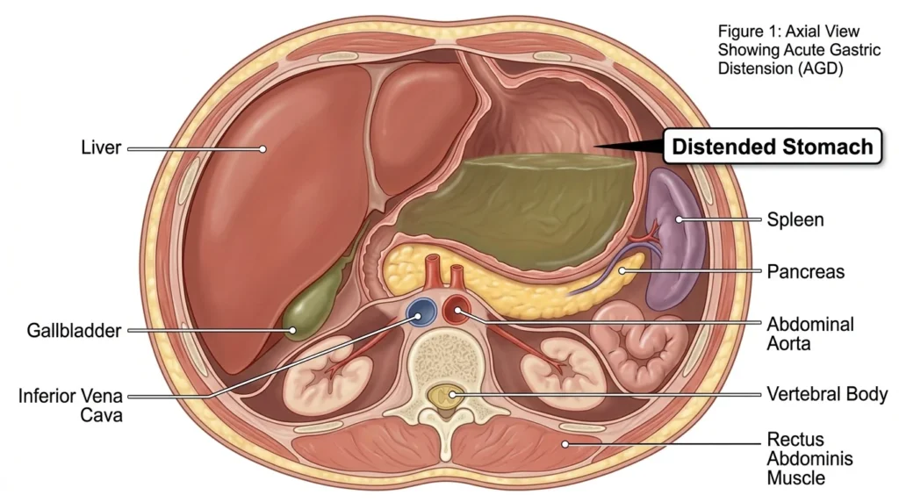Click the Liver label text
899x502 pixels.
tap(101, 147)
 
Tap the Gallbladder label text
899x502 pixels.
tap(74, 331)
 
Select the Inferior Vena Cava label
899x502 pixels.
tap(70, 405)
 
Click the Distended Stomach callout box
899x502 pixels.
tap(773, 147)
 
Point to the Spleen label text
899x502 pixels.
tap(795, 219)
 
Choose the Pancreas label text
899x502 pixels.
tap(806, 271)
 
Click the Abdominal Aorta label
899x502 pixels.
tap(810, 334)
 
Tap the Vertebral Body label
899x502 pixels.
tap(827, 394)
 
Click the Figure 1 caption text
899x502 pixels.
tap(799, 50)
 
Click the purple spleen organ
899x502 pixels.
tap(674, 239)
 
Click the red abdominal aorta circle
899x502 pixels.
tap(457, 310)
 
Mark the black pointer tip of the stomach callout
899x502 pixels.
tap(594, 147)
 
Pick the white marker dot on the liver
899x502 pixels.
tap(263, 149)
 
